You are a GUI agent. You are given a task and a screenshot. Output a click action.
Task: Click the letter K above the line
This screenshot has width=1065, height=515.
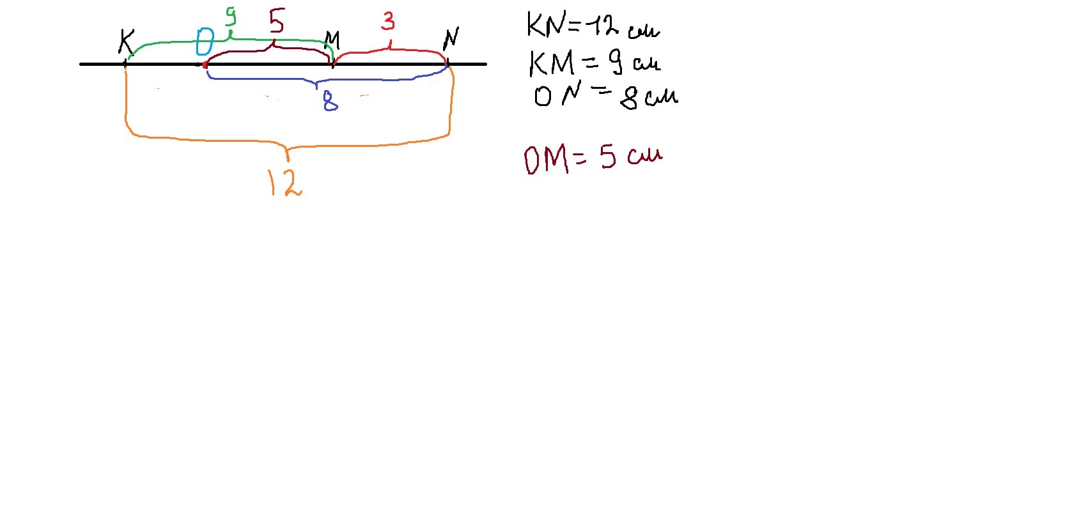click(127, 42)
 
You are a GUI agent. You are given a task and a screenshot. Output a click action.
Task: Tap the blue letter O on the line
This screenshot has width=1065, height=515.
click(205, 42)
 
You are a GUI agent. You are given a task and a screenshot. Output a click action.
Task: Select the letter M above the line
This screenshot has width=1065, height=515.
click(332, 41)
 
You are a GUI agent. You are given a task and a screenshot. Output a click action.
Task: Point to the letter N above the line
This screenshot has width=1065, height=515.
click(451, 38)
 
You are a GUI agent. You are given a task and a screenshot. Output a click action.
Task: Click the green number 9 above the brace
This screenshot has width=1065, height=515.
click(230, 16)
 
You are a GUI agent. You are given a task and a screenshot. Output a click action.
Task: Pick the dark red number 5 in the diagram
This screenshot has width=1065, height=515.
click(276, 21)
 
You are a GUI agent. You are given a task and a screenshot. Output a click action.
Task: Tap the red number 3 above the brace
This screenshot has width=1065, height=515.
click(388, 21)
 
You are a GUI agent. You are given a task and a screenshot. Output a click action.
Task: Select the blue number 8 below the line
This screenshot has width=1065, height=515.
click(330, 101)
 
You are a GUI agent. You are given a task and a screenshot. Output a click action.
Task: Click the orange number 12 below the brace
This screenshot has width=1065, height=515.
click(284, 182)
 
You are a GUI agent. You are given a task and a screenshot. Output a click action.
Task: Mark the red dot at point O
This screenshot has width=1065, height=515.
click(205, 65)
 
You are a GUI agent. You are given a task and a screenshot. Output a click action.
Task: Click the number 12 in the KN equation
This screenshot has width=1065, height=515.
click(603, 26)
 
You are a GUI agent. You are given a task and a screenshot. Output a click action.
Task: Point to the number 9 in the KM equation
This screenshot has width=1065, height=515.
click(615, 62)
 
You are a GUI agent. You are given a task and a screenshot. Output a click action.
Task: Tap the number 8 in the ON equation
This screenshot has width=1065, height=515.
click(630, 98)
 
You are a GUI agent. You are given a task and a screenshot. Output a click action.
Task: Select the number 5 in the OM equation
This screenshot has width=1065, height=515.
click(608, 157)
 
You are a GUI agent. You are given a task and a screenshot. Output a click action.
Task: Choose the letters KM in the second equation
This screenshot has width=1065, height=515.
click(552, 63)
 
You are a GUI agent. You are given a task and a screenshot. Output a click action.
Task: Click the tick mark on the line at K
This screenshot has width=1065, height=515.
click(125, 64)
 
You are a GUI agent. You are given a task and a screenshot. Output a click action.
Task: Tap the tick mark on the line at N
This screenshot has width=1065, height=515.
click(447, 64)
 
